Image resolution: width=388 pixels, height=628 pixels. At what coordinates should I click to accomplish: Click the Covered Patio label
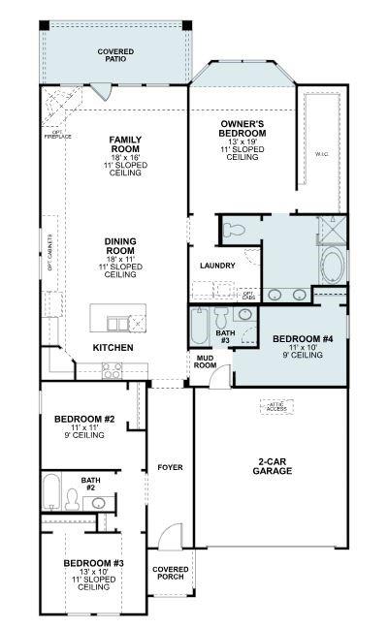point(115,55)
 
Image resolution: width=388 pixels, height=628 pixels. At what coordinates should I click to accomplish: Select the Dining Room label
point(120,257)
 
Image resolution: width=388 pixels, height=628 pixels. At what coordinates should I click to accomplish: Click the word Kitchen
point(113,347)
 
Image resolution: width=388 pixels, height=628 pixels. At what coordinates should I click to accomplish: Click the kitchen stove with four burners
point(112,369)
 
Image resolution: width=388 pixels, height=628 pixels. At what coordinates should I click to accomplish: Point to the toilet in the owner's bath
point(233,231)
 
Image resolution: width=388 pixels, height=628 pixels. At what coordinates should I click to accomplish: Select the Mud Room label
point(205,362)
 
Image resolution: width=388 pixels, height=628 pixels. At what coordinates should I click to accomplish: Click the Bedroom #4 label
point(289,346)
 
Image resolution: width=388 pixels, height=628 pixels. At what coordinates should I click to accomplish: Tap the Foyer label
point(170,467)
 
